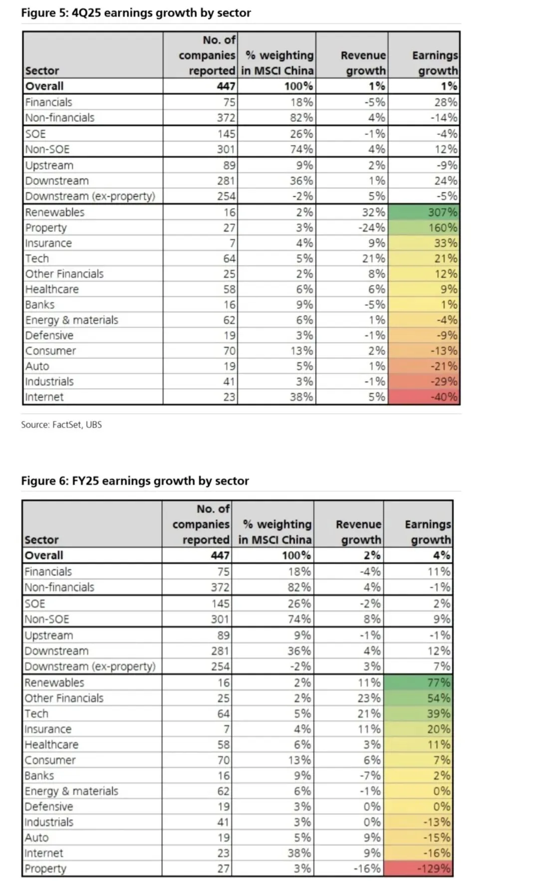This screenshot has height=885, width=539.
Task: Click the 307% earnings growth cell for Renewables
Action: [442, 212]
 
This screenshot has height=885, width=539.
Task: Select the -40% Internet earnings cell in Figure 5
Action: [443, 397]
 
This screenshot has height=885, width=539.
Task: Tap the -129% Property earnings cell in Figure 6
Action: [434, 869]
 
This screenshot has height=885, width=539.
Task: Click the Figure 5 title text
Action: [136, 13]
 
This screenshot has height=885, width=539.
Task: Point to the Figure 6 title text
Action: [135, 481]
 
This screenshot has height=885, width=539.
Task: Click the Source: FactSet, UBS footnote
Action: [61, 425]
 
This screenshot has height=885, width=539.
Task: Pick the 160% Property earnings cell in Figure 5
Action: [442, 228]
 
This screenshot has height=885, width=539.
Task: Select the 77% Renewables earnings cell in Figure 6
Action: [439, 683]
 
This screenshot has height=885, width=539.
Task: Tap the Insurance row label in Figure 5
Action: [48, 243]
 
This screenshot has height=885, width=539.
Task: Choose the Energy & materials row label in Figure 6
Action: [71, 791]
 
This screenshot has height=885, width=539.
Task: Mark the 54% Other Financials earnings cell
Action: [439, 698]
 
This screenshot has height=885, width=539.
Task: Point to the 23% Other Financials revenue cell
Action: [369, 698]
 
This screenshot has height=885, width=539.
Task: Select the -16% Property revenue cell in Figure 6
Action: [367, 869]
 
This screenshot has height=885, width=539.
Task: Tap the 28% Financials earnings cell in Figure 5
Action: [445, 102]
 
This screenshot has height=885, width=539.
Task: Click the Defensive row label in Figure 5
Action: [49, 336]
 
